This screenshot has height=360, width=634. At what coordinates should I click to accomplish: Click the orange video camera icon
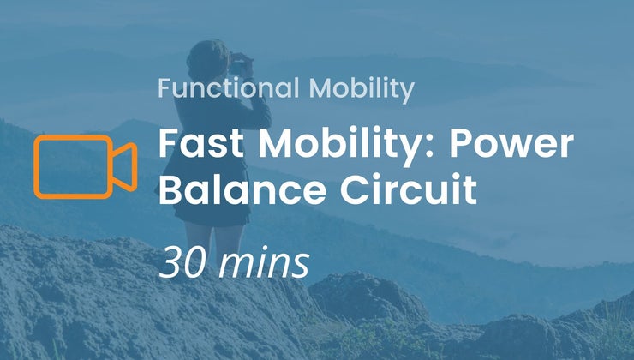(x=85, y=165)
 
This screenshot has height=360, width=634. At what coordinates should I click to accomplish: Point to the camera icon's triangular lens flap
(x=125, y=165)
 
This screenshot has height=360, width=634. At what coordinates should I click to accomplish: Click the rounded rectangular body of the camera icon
(x=73, y=165)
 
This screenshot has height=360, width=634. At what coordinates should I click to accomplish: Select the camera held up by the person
(x=240, y=62)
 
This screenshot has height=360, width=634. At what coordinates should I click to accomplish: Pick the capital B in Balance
(x=172, y=189)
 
